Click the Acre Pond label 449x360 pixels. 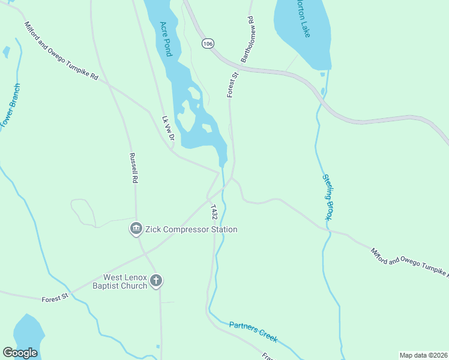166,40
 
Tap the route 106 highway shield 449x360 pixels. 208,44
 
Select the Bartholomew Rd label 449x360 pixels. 247,40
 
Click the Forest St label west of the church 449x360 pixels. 56,298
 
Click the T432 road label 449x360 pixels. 214,211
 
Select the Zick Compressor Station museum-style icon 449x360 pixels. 136,229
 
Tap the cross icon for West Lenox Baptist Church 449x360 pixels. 156,281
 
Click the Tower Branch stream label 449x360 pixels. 10,105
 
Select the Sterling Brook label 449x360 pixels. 327,197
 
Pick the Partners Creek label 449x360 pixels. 253,332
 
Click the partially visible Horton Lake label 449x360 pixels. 303,19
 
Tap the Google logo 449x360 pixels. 20,353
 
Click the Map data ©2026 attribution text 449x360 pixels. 423,355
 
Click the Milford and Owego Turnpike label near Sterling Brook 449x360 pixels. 408,263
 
